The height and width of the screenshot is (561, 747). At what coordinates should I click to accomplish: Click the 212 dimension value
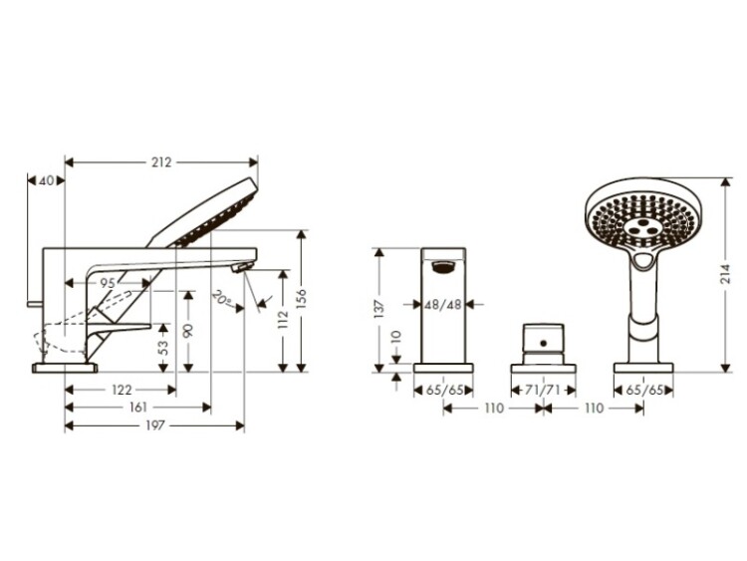click(x=161, y=162)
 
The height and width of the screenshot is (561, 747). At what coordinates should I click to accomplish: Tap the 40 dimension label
click(x=46, y=180)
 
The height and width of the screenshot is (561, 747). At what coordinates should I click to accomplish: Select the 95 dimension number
click(x=108, y=283)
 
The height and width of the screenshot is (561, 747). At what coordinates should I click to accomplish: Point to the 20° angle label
click(x=222, y=298)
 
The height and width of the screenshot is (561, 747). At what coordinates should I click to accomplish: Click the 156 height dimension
click(x=301, y=298)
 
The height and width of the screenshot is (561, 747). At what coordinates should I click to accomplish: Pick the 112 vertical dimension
click(x=283, y=319)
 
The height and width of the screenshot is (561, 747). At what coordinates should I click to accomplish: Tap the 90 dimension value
click(x=188, y=330)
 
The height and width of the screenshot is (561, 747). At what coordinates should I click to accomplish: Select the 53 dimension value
click(x=163, y=348)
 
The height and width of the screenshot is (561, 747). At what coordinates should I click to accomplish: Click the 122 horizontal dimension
click(x=122, y=390)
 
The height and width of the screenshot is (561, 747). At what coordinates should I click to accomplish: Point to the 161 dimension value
click(x=138, y=408)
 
